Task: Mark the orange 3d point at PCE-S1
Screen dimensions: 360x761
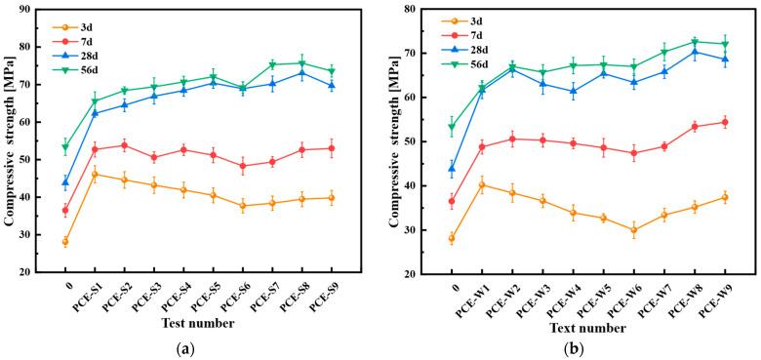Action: pyautogui.click(x=95, y=175)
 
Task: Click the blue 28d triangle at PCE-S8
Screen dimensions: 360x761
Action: pyautogui.click(x=302, y=73)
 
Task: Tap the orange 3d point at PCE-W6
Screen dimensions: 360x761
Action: pyautogui.click(x=634, y=231)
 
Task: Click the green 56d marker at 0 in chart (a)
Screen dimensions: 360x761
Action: pyautogui.click(x=65, y=147)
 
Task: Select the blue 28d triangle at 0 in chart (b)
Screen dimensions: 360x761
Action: pyautogui.click(x=452, y=169)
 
